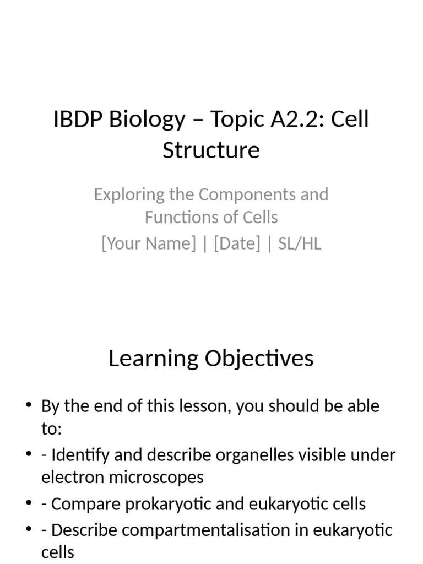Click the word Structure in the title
click(211, 150)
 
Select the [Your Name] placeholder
click(148, 243)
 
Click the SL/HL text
click(300, 243)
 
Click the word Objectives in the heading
click(259, 359)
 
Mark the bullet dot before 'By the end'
click(29, 406)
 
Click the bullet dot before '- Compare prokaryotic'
click(29, 503)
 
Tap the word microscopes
click(160, 477)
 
